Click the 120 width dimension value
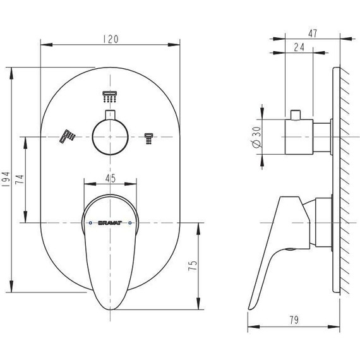pos(111,39)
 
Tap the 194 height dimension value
pos(6,179)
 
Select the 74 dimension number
pos(20,179)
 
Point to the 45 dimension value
pos(111,178)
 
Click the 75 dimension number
pos(193,266)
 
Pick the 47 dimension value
pos(313,33)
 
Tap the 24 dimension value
pos(299,47)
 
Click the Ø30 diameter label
pos(256,137)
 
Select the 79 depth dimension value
pos(294,320)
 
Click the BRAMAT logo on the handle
pos(110,223)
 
